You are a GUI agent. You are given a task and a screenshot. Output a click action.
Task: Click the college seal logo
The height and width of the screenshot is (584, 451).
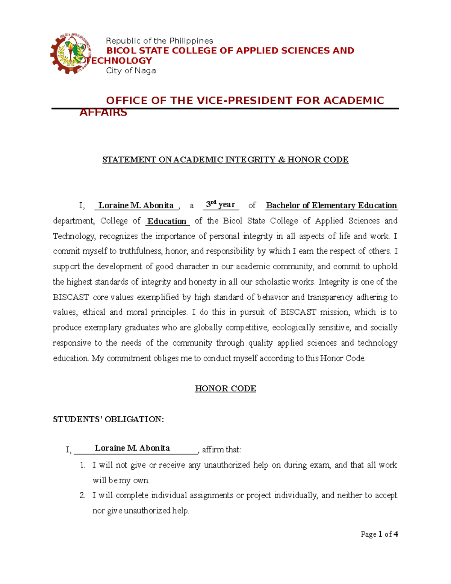click(x=71, y=54)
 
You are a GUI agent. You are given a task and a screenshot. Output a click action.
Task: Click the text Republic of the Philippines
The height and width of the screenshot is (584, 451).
click(x=159, y=41)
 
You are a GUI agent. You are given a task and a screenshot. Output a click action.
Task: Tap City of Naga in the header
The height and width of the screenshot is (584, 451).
click(x=131, y=71)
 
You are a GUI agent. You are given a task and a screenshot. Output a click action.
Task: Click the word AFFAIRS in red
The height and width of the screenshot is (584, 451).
click(x=103, y=112)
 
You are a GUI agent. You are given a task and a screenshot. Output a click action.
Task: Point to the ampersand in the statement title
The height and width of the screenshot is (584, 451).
click(x=281, y=160)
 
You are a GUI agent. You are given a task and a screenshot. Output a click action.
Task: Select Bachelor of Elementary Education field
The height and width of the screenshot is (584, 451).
click(x=331, y=205)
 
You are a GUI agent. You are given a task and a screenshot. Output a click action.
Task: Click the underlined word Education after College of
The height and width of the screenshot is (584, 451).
click(x=167, y=221)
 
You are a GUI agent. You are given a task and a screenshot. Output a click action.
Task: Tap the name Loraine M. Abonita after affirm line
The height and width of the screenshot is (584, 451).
click(x=132, y=448)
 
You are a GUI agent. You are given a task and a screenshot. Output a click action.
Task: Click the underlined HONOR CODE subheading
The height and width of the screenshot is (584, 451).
click(x=225, y=388)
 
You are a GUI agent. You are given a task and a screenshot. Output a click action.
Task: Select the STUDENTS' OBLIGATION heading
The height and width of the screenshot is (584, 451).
click(x=109, y=419)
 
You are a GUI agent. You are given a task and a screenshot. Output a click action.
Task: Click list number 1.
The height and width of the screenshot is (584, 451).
click(x=83, y=465)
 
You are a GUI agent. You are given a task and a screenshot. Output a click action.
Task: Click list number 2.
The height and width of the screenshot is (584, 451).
click(x=83, y=496)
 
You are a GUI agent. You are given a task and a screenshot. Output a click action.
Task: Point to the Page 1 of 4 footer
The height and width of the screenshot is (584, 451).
click(x=379, y=534)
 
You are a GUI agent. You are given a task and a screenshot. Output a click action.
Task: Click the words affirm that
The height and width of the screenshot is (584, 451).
click(x=222, y=450)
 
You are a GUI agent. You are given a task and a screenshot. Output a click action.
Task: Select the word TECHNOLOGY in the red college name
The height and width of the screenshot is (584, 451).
click(x=119, y=61)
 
